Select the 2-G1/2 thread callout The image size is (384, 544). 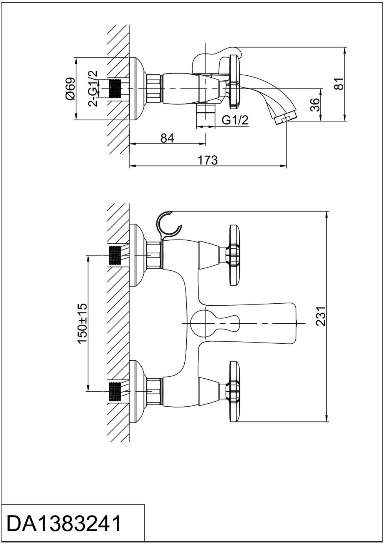(93, 89)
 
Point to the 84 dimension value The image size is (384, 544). (167, 138)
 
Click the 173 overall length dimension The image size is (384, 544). (208, 160)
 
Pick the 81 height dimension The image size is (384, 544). (338, 84)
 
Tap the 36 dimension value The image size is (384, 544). (314, 105)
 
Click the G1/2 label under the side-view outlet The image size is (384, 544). (235, 120)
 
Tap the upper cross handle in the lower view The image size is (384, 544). (233, 255)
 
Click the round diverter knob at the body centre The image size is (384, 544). (202, 323)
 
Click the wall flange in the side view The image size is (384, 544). (137, 89)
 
